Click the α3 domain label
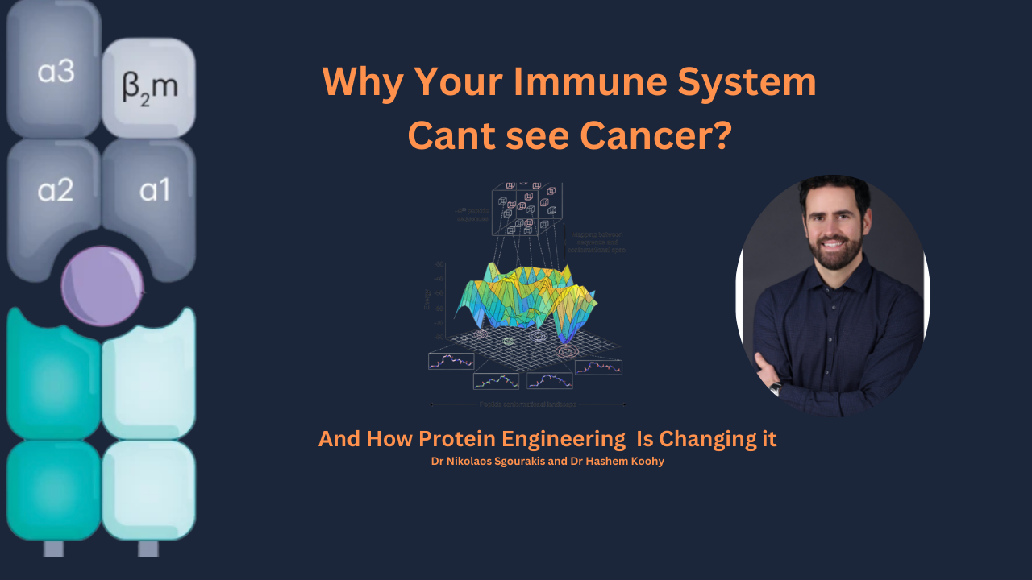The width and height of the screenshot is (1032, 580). point(56,72)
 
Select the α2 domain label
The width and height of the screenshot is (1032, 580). point(56,190)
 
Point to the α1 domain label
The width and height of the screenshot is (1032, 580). point(155,190)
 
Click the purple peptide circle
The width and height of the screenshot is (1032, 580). point(102,286)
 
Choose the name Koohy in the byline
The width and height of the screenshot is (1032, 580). point(645,462)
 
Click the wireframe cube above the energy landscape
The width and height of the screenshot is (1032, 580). point(527,208)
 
